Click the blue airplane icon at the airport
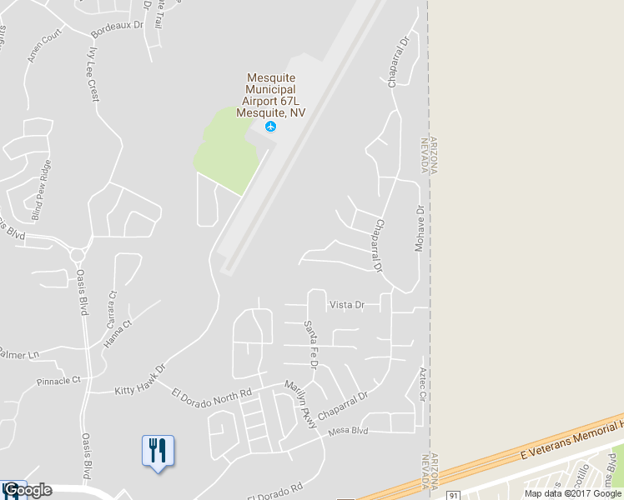[270, 127]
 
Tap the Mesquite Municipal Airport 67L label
[269, 95]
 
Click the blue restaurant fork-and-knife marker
[158, 451]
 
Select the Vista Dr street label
[347, 305]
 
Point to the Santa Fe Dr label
[310, 345]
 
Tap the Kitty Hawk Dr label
[140, 378]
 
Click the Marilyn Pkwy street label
[301, 406]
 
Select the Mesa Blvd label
[349, 432]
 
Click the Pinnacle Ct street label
[58, 381]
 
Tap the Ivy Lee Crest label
[93, 73]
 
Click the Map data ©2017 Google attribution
[573, 493]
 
